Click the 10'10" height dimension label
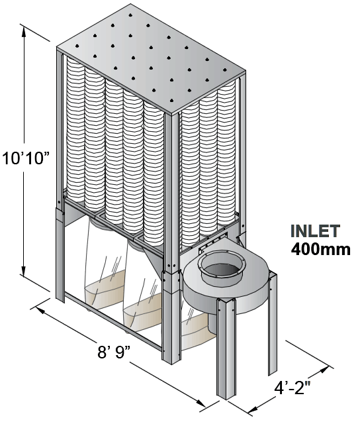[x=26, y=158]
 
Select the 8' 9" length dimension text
[x=114, y=352]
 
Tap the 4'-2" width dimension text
[x=292, y=388]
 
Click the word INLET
[x=315, y=231]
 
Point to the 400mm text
[x=320, y=249]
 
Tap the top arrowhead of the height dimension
[x=24, y=32]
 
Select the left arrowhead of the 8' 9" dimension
[x=40, y=310]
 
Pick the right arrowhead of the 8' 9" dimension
[x=200, y=402]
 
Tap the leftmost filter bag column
[x=75, y=130]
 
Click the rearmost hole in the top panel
[x=130, y=15]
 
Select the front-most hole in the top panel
[x=171, y=100]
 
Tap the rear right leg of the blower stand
[x=273, y=325]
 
